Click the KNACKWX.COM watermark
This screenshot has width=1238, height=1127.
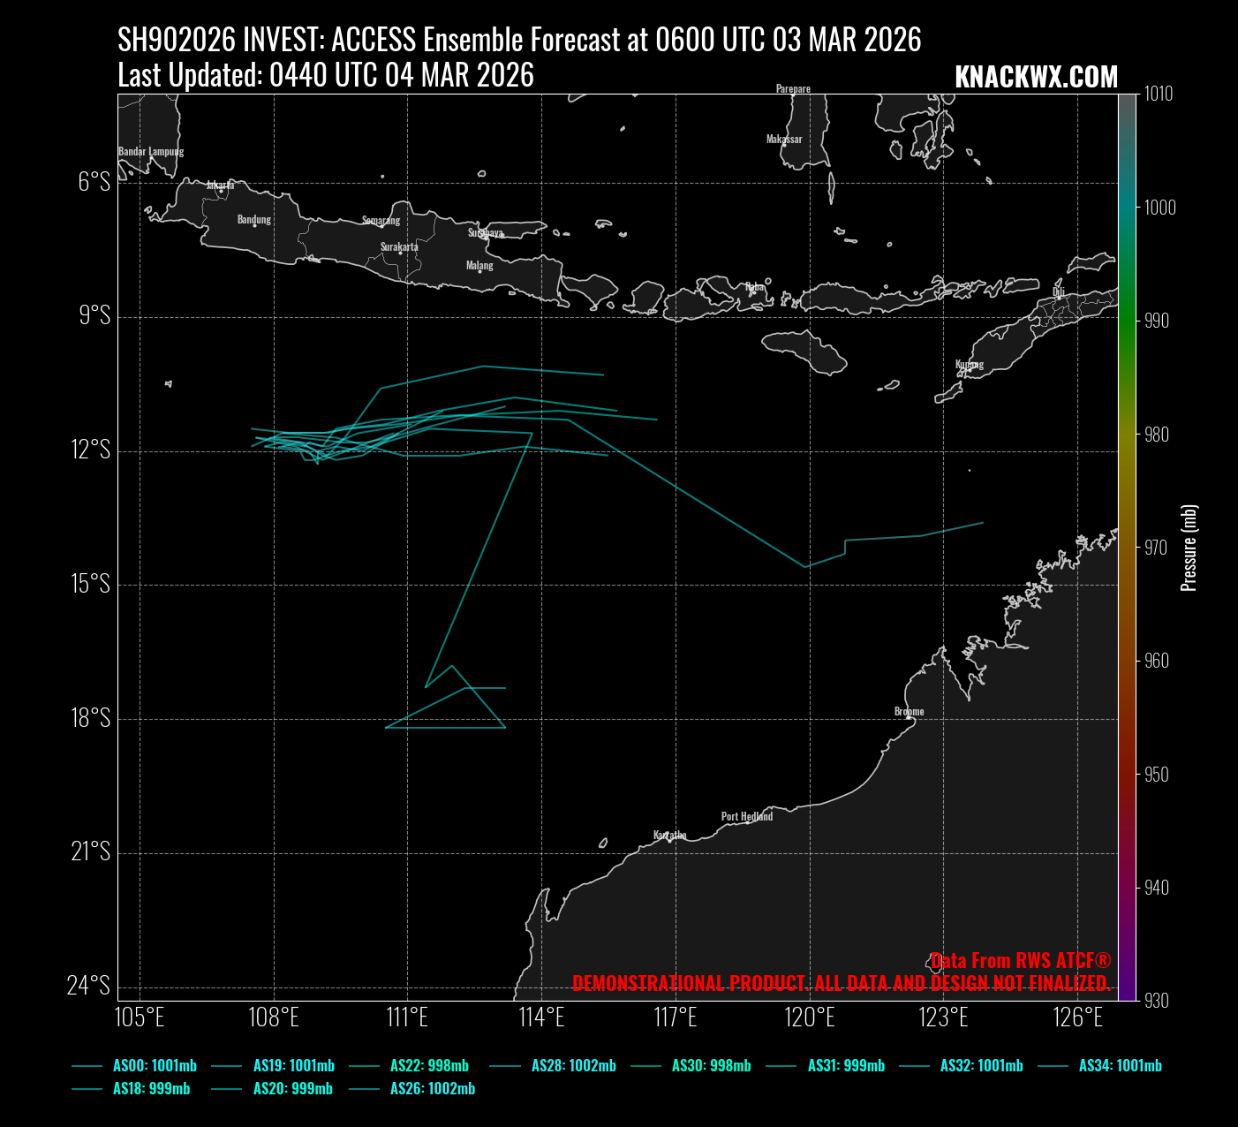tap(1036, 77)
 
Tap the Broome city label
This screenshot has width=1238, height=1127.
tap(909, 711)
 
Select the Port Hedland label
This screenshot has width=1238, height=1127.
tap(746, 816)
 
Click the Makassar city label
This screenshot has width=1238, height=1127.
tap(784, 139)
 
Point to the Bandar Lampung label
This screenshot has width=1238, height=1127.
tap(151, 151)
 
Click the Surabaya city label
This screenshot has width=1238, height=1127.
tap(486, 233)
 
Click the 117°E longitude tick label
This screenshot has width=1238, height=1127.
tap(676, 1017)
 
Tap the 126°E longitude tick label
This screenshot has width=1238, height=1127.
tap(1078, 1017)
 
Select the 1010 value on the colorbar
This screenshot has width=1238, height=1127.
tap(1159, 95)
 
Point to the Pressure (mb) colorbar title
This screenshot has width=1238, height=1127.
tap(1189, 548)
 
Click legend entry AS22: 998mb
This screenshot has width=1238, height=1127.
tap(429, 1066)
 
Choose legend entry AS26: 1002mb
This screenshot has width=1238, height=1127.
tap(432, 1089)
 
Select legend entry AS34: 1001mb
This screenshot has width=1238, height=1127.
tap(1120, 1066)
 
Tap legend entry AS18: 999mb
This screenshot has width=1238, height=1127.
tap(151, 1089)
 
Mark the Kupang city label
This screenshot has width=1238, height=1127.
tap(969, 364)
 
